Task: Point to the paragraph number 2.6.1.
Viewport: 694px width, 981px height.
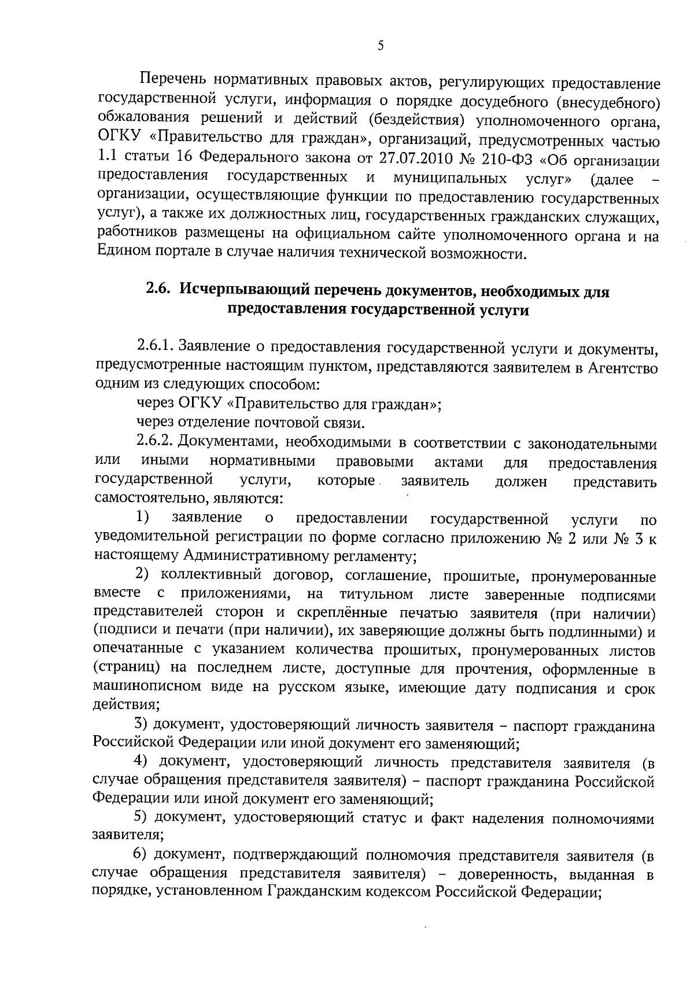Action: [156, 346]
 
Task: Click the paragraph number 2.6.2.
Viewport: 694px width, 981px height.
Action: [156, 444]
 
